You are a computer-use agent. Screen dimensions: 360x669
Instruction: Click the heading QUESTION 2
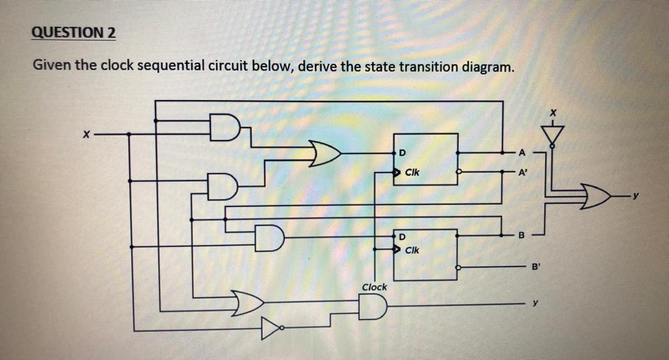click(x=73, y=33)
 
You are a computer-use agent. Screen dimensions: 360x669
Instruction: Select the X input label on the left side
click(x=85, y=135)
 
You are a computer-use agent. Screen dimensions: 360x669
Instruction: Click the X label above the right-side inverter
click(x=553, y=112)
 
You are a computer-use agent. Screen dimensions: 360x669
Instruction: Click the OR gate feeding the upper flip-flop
click(x=325, y=154)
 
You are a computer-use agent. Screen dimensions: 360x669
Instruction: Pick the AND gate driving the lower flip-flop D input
click(x=269, y=238)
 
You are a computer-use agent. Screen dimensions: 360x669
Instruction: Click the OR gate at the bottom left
click(x=248, y=302)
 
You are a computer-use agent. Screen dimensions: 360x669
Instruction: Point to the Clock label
click(x=374, y=287)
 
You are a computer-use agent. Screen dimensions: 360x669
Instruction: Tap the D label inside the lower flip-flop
click(x=402, y=235)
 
